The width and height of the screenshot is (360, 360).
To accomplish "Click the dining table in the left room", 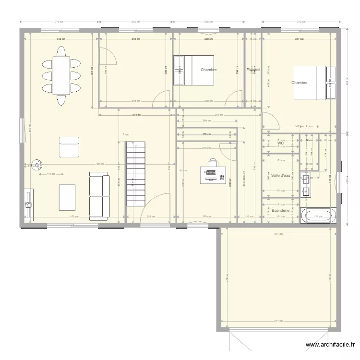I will click(x=61, y=75).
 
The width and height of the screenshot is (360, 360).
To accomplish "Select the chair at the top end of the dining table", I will click(x=61, y=51).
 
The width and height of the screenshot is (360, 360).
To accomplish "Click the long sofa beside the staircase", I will click(x=99, y=197).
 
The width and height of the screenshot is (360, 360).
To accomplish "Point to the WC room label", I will click(x=281, y=143).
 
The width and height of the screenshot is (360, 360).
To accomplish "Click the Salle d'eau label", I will click(x=280, y=175).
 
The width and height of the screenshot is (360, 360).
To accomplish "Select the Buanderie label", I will click(x=280, y=210).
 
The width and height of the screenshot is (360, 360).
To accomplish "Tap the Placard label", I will click(x=253, y=70).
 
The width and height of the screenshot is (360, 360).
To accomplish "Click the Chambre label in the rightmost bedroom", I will click(x=299, y=83).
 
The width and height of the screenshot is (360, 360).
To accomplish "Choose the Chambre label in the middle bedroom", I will click(x=209, y=70).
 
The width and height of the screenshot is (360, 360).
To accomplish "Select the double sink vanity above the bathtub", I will click(x=306, y=186).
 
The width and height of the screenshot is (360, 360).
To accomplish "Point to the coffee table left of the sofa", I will click(x=67, y=197).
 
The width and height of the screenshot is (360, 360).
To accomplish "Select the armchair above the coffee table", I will click(x=69, y=147).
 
